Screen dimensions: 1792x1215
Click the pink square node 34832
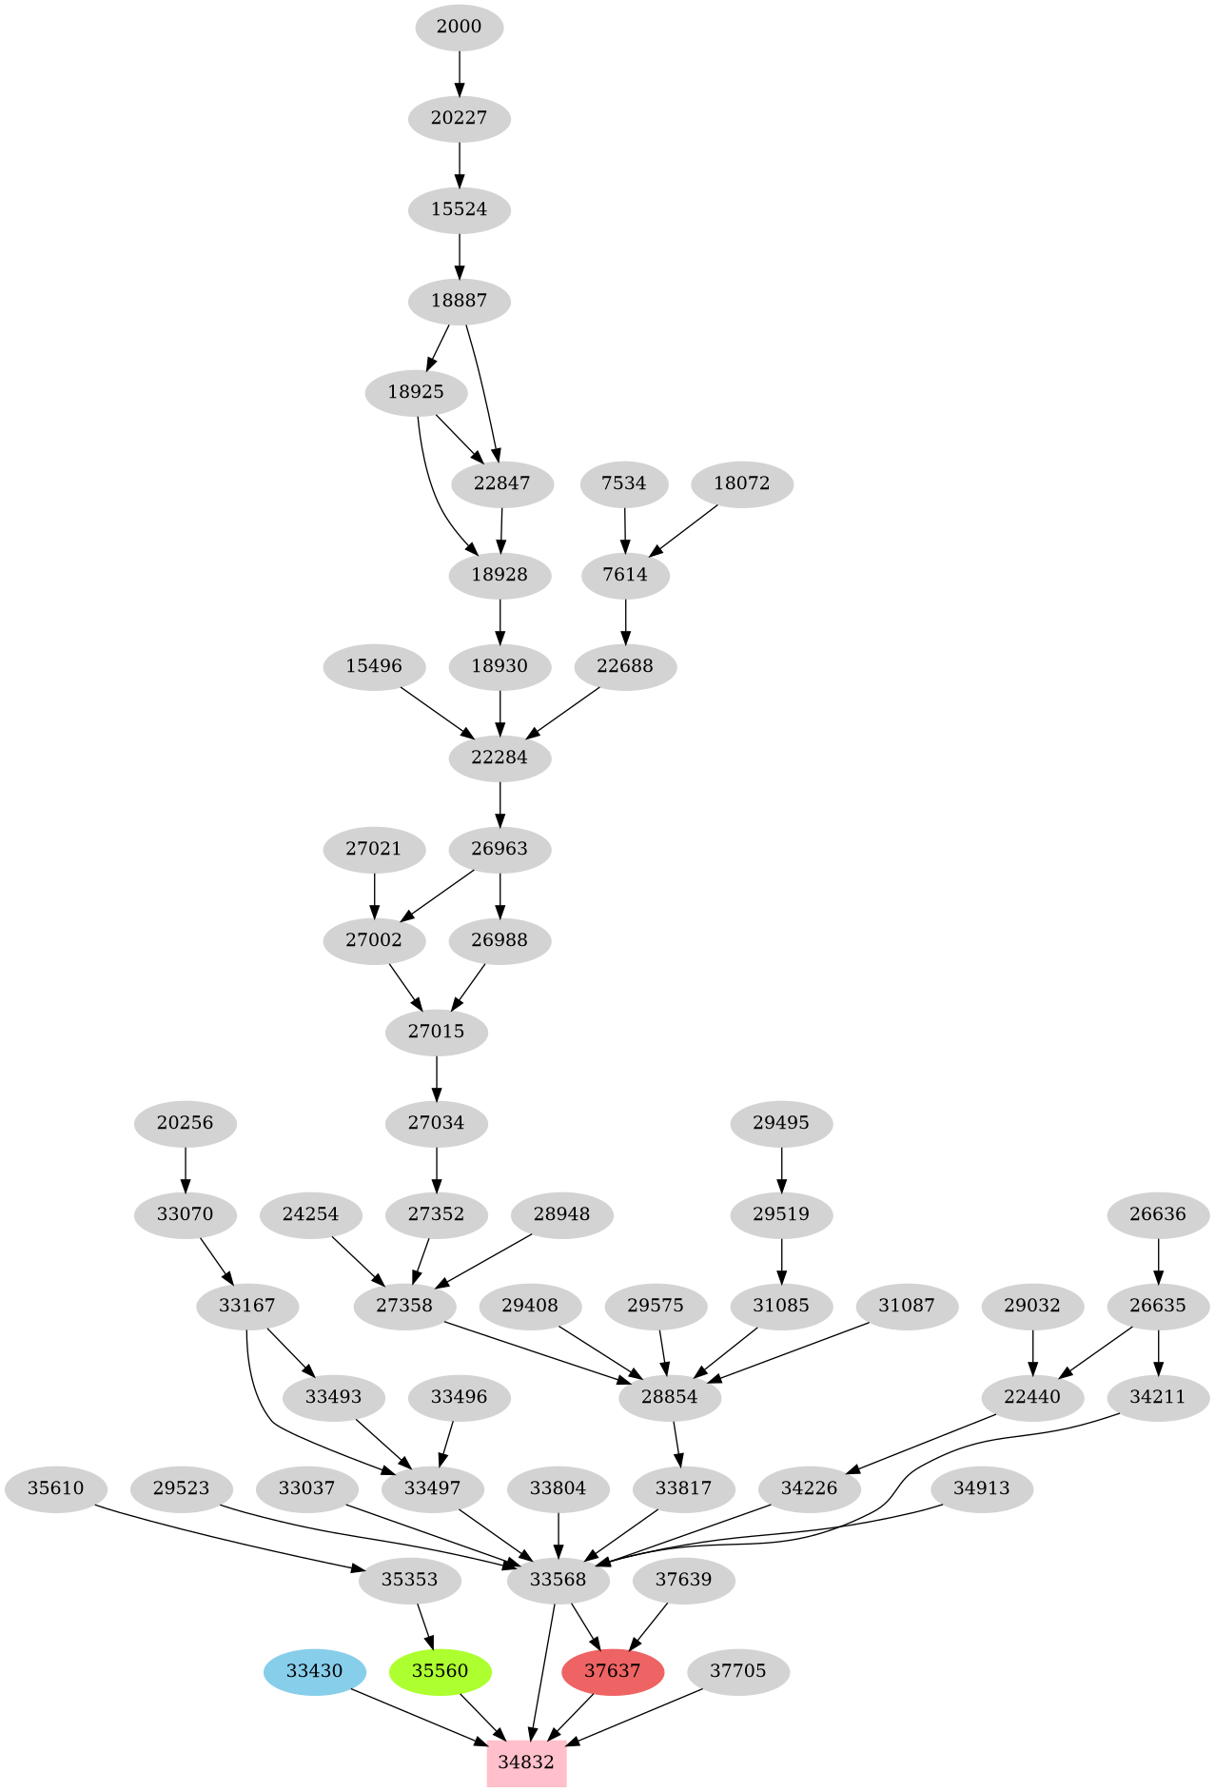pyautogui.click(x=526, y=1762)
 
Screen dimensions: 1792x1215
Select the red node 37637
pyautogui.click(x=613, y=1670)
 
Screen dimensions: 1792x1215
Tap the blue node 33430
pyautogui.click(x=314, y=1670)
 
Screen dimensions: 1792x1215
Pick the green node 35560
pyautogui.click(x=441, y=1670)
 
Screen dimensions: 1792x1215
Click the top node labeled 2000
pyautogui.click(x=459, y=27)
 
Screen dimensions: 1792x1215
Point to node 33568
pyautogui.click(x=558, y=1579)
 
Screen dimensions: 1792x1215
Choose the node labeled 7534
pyautogui.click(x=624, y=482)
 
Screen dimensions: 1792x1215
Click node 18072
pyautogui.click(x=741, y=482)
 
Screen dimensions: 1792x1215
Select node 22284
pyautogui.click(x=500, y=757)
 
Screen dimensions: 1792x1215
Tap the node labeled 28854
pyautogui.click(x=670, y=1396)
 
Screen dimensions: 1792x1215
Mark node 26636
pyautogui.click(x=1158, y=1213)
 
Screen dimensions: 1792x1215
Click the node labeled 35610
pyautogui.click(x=55, y=1487)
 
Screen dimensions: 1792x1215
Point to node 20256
pyautogui.click(x=185, y=1122)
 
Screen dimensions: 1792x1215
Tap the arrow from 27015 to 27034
pyautogui.click(x=437, y=1077)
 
